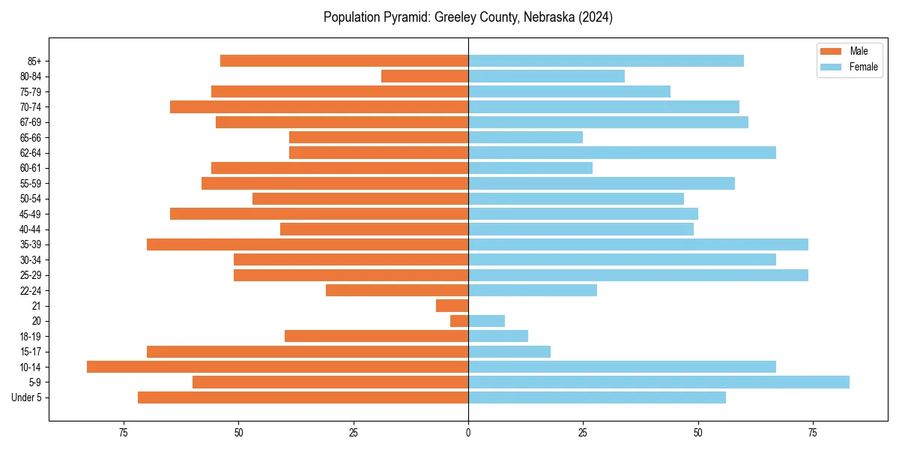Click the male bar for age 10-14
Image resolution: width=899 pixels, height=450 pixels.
click(277, 367)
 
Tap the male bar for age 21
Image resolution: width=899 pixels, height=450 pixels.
click(452, 305)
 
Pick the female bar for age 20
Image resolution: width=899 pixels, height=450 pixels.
click(486, 321)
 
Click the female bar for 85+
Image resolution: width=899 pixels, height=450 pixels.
click(605, 61)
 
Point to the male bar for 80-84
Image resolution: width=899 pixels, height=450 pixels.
click(425, 76)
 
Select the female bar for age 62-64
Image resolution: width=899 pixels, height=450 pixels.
click(622, 152)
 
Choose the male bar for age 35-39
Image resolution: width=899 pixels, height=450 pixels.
click(307, 244)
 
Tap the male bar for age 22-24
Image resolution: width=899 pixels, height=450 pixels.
click(397, 290)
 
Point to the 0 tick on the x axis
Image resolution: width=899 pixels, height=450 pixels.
click(468, 432)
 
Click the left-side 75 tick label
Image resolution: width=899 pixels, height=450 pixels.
click(124, 432)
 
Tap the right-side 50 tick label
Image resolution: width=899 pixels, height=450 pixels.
click(697, 432)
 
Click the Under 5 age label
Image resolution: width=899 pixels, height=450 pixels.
click(26, 397)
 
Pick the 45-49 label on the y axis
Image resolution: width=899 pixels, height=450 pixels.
click(31, 214)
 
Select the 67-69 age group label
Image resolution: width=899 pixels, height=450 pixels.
click(31, 122)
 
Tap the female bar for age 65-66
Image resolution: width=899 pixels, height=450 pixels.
click(525, 137)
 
